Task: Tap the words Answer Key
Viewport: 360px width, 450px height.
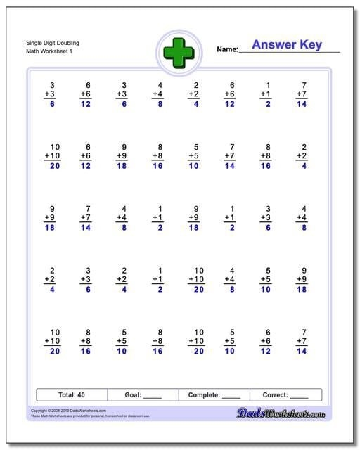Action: coord(287,45)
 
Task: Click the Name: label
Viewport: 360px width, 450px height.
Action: coord(227,49)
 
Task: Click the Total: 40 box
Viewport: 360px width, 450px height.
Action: coord(71,395)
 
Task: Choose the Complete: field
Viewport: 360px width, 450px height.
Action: coord(214,395)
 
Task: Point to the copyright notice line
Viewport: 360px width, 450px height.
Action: coord(69,410)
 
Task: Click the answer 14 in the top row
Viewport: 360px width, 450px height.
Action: coord(302,104)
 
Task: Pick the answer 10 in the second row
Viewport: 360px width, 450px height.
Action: coord(193,166)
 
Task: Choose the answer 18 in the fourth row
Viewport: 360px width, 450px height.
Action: coord(302,289)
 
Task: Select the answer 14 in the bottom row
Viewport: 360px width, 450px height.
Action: coord(302,351)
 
